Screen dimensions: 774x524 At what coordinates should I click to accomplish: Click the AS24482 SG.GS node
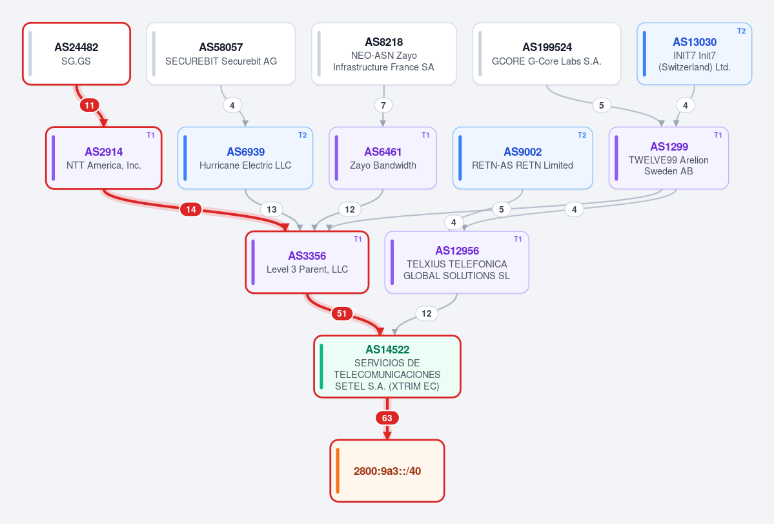pyautogui.click(x=77, y=54)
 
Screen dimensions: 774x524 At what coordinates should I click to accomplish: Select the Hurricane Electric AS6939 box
pyautogui.click(x=245, y=158)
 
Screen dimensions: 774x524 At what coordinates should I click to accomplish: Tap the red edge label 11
pyautogui.click(x=89, y=105)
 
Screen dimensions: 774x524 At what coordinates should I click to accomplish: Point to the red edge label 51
pyautogui.click(x=341, y=313)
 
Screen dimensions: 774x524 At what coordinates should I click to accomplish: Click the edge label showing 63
pyautogui.click(x=387, y=418)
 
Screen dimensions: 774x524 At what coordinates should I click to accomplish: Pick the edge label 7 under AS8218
pyautogui.click(x=383, y=105)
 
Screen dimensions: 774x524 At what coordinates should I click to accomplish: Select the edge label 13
pyautogui.click(x=272, y=209)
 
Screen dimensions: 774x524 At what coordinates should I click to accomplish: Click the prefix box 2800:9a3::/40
pyautogui.click(x=387, y=470)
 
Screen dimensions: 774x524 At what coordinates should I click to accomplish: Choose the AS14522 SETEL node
pyautogui.click(x=387, y=366)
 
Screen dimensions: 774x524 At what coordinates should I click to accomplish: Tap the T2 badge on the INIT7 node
pyautogui.click(x=742, y=30)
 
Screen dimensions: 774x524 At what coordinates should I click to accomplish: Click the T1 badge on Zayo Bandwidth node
pyautogui.click(x=425, y=135)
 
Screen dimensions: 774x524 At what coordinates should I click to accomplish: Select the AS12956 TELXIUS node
pyautogui.click(x=456, y=262)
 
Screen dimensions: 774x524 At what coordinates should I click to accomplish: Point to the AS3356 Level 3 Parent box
pyautogui.click(x=307, y=262)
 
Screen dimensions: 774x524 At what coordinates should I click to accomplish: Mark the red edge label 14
pyautogui.click(x=191, y=209)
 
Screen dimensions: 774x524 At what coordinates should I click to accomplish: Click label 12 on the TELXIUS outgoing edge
pyautogui.click(x=427, y=313)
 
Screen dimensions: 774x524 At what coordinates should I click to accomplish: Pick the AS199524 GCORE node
pyautogui.click(x=546, y=54)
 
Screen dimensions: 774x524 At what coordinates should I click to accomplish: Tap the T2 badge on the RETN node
pyautogui.click(x=582, y=135)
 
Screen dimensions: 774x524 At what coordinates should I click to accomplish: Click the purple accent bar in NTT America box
pyautogui.click(x=54, y=158)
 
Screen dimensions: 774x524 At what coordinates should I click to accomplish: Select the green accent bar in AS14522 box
pyautogui.click(x=321, y=366)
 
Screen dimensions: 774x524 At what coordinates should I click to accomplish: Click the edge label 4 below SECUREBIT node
pyautogui.click(x=232, y=105)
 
